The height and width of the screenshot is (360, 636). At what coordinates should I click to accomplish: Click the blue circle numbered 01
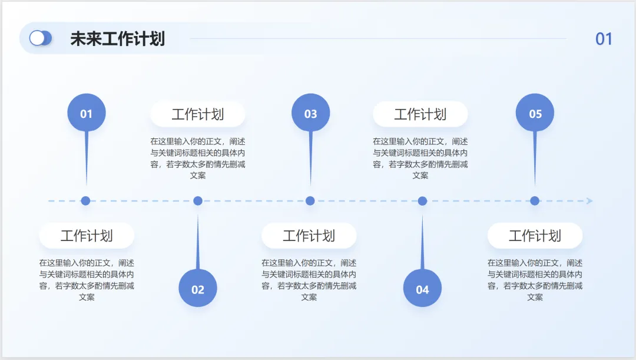click(87, 113)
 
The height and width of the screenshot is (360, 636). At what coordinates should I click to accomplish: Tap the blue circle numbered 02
click(198, 288)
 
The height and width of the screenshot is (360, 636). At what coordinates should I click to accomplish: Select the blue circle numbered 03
click(310, 113)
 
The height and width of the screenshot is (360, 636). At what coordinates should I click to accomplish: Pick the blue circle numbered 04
click(422, 288)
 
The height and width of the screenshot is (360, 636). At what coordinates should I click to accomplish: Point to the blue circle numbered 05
click(535, 113)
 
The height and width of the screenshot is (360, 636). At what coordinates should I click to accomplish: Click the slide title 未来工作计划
click(117, 39)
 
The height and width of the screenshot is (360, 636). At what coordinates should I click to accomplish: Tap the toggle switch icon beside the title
click(41, 38)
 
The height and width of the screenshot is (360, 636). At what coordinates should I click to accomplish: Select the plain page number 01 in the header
click(604, 39)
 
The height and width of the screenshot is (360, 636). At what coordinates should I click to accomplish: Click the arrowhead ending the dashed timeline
click(589, 201)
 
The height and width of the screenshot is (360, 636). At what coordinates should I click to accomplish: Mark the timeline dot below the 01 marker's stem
click(85, 201)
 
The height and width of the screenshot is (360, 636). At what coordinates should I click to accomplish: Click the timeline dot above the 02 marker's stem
click(198, 201)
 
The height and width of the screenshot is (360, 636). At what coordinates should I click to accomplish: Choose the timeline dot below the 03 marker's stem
click(310, 201)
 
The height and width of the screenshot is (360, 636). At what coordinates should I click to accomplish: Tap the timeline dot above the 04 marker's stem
click(422, 201)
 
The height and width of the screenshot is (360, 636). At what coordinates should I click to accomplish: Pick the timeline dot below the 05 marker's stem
click(535, 201)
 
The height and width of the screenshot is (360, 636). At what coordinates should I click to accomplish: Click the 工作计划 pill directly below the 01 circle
click(87, 236)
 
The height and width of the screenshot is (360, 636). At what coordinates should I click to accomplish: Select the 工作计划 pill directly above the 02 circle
click(198, 114)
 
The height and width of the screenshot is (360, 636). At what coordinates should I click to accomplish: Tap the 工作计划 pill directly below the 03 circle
click(309, 236)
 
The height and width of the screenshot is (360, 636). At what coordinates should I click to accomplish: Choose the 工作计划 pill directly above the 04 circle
click(420, 114)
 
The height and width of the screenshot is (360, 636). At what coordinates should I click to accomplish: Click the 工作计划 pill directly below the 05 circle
click(535, 236)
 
